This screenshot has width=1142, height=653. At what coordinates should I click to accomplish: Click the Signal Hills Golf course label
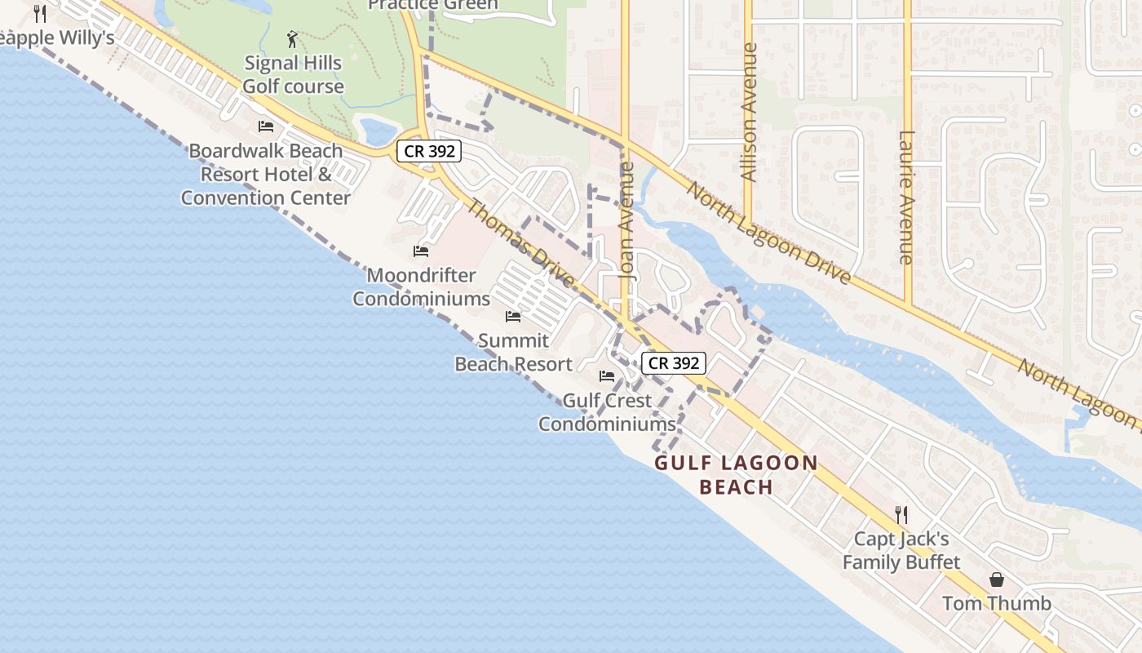[294, 74]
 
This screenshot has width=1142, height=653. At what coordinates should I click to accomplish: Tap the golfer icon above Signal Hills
[292, 38]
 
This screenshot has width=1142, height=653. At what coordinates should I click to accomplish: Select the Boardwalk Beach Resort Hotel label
[266, 174]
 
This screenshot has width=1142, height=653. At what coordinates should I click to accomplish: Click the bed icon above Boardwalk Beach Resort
[266, 127]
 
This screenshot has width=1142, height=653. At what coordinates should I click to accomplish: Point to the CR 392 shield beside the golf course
[429, 151]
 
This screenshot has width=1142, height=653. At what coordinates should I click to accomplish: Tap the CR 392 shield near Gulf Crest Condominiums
[673, 363]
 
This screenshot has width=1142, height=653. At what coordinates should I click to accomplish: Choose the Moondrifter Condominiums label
[421, 287]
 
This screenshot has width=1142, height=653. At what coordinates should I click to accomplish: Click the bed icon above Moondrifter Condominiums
[421, 251]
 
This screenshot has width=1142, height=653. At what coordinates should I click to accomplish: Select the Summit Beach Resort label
[513, 352]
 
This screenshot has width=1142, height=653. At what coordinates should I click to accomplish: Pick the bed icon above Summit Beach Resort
[513, 316]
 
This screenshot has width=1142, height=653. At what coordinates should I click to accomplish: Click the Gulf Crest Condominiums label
[607, 412]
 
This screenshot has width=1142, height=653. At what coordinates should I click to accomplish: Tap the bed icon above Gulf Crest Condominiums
[607, 376]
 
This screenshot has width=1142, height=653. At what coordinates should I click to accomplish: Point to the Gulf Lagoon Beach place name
[737, 475]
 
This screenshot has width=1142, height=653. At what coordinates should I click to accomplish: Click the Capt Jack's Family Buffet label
[901, 551]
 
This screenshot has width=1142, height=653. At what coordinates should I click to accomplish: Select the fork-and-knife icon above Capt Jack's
[901, 515]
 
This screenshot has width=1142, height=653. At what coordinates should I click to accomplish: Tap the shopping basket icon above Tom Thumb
[997, 580]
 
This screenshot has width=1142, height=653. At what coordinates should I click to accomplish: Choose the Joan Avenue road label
[626, 221]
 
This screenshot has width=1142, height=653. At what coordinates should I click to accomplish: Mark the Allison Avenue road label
[748, 112]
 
